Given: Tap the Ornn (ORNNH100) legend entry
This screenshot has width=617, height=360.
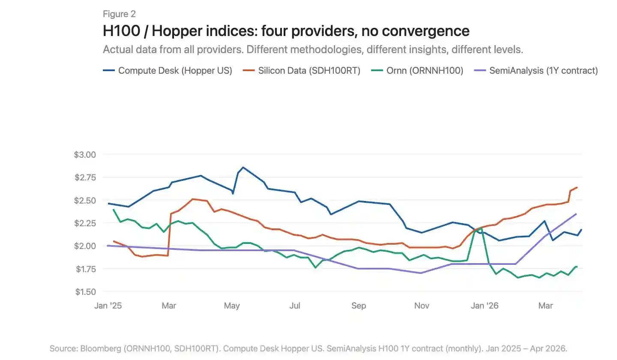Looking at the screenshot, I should [419, 71].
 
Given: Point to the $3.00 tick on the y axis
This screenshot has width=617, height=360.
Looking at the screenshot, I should [86, 154].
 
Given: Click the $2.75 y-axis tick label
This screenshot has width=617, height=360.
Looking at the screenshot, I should [86, 177].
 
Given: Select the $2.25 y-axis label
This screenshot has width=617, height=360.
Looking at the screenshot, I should [86, 223].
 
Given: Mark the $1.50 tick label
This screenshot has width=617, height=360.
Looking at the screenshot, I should [86, 292].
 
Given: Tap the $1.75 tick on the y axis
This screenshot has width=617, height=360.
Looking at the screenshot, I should [86, 269].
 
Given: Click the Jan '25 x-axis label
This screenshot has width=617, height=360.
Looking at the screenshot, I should [108, 306].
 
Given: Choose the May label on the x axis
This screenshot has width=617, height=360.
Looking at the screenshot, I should [232, 306].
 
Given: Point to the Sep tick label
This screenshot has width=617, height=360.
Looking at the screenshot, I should [359, 306].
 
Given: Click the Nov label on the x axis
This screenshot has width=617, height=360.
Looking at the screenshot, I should [422, 306].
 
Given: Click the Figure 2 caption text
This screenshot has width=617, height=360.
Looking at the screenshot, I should [119, 14].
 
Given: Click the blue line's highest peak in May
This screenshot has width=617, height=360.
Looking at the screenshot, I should [243, 167].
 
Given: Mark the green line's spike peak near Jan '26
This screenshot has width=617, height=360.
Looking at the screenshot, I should [482, 228].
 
